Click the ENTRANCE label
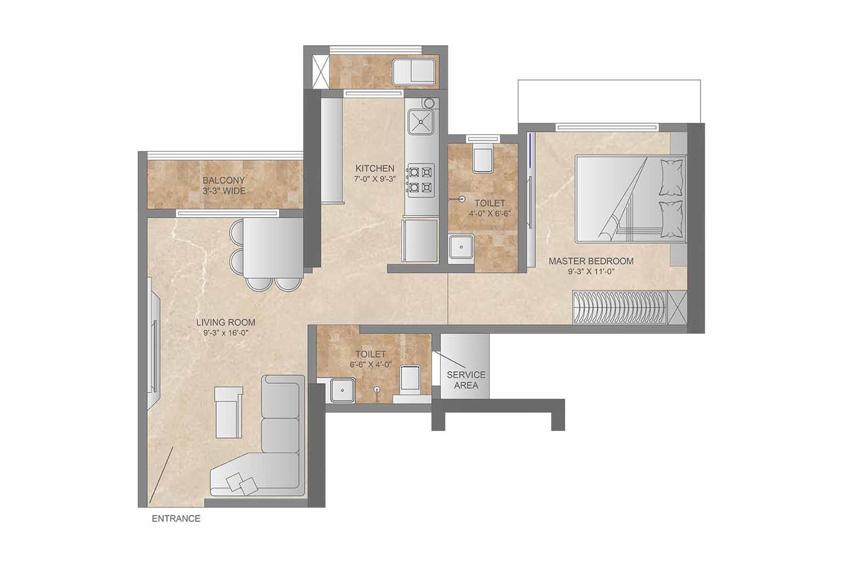(x=176, y=518)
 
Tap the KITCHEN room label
(x=375, y=168)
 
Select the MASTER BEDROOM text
(x=591, y=261)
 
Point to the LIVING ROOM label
(x=226, y=323)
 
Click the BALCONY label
(x=224, y=180)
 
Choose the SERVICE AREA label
(x=466, y=380)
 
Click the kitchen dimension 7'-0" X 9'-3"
(x=375, y=179)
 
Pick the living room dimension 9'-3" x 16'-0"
(x=226, y=333)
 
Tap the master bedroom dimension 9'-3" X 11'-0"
(x=591, y=272)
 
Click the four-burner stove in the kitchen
(x=421, y=180)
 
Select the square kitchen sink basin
(x=421, y=122)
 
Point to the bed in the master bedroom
(x=631, y=199)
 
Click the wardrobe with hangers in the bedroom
(x=620, y=307)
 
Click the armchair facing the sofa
(x=228, y=412)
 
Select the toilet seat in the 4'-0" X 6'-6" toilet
(x=483, y=157)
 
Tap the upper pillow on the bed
(x=671, y=178)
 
